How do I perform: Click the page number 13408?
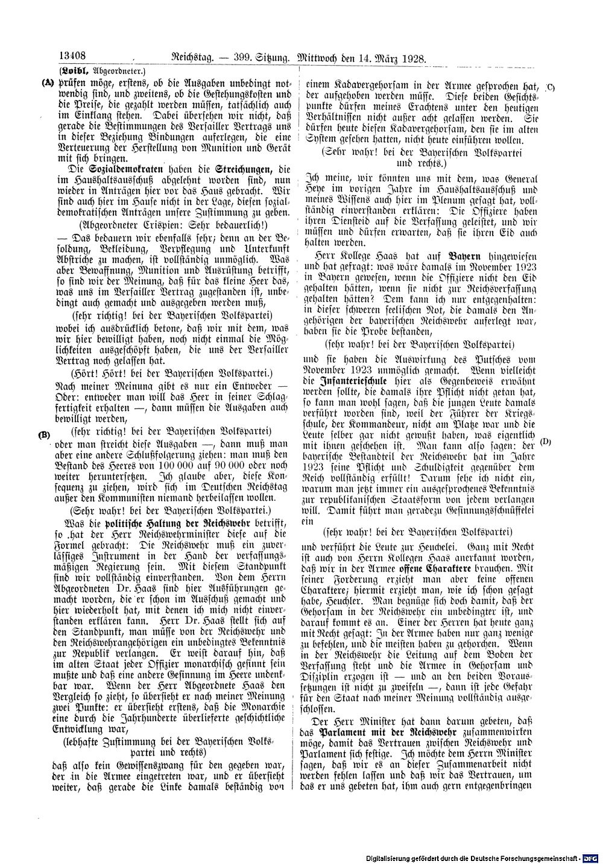(x=71, y=58)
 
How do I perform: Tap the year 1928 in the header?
(x=412, y=58)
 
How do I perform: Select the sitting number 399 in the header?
(x=236, y=58)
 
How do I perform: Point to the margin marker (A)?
(x=45, y=83)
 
